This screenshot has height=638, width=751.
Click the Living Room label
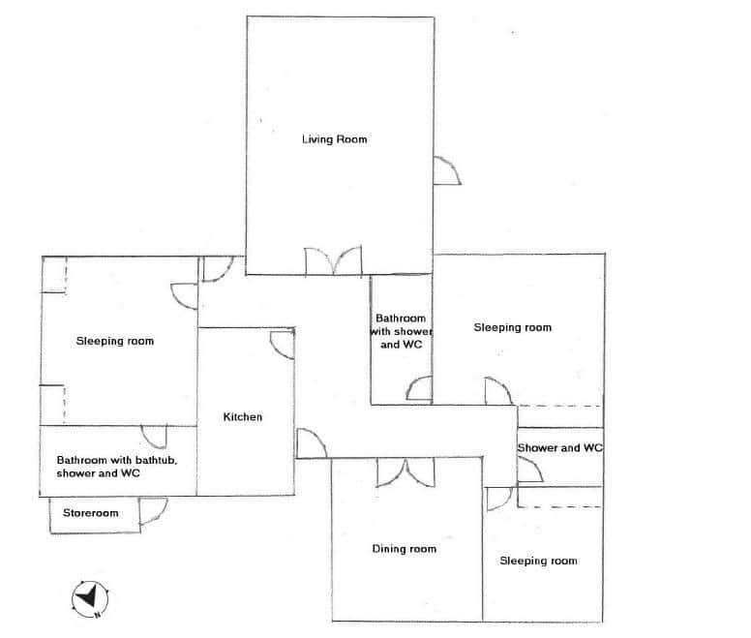click(334, 139)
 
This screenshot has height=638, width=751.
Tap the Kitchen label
click(243, 417)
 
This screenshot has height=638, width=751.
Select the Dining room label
click(404, 549)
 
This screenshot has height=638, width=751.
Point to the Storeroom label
click(91, 513)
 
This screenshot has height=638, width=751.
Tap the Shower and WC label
click(560, 448)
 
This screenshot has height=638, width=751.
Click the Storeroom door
click(153, 512)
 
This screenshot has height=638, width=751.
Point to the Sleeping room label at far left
click(115, 341)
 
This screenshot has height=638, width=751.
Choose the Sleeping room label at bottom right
click(538, 561)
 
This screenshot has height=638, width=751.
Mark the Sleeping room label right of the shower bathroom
click(512, 327)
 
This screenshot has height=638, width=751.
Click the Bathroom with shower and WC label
click(401, 331)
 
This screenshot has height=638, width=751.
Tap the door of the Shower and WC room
click(529, 469)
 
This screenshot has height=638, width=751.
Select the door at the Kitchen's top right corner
click(282, 344)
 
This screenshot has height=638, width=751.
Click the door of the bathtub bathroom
click(155, 437)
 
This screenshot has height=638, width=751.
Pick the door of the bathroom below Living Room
click(419, 389)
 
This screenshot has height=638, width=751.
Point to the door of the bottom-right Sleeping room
click(498, 499)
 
